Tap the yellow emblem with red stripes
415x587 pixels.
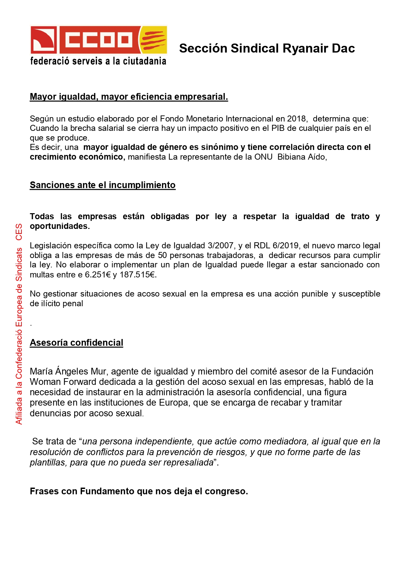[153, 40]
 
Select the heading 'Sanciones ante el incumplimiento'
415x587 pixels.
[102, 185]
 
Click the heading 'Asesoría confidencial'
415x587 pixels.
[76, 343]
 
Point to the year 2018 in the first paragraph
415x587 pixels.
[297, 119]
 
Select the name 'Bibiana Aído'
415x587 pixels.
[302, 157]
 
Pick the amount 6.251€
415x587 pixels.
[98, 275]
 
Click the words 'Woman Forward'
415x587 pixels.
[63, 382]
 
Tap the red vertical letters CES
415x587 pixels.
[19, 232]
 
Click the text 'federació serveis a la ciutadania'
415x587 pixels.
[98, 61]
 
